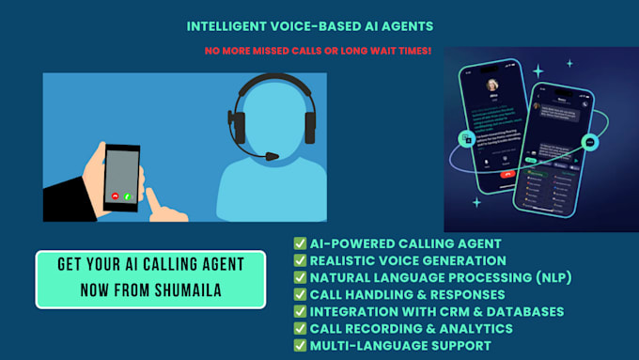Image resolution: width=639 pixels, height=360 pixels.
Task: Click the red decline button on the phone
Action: coord(115,196)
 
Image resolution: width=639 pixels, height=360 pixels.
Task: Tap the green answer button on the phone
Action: coord(127,196)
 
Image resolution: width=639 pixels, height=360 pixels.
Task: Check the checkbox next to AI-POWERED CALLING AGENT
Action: coord(300,243)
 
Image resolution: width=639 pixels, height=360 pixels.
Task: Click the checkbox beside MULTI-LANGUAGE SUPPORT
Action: coord(300,345)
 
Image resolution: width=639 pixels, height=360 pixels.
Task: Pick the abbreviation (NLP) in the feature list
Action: coord(548,277)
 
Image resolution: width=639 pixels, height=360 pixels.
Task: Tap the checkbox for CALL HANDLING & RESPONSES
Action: coord(300,294)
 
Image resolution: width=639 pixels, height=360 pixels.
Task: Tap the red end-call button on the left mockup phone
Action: coord(507,174)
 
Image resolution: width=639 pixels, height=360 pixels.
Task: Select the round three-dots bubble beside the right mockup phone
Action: coord(588,143)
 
